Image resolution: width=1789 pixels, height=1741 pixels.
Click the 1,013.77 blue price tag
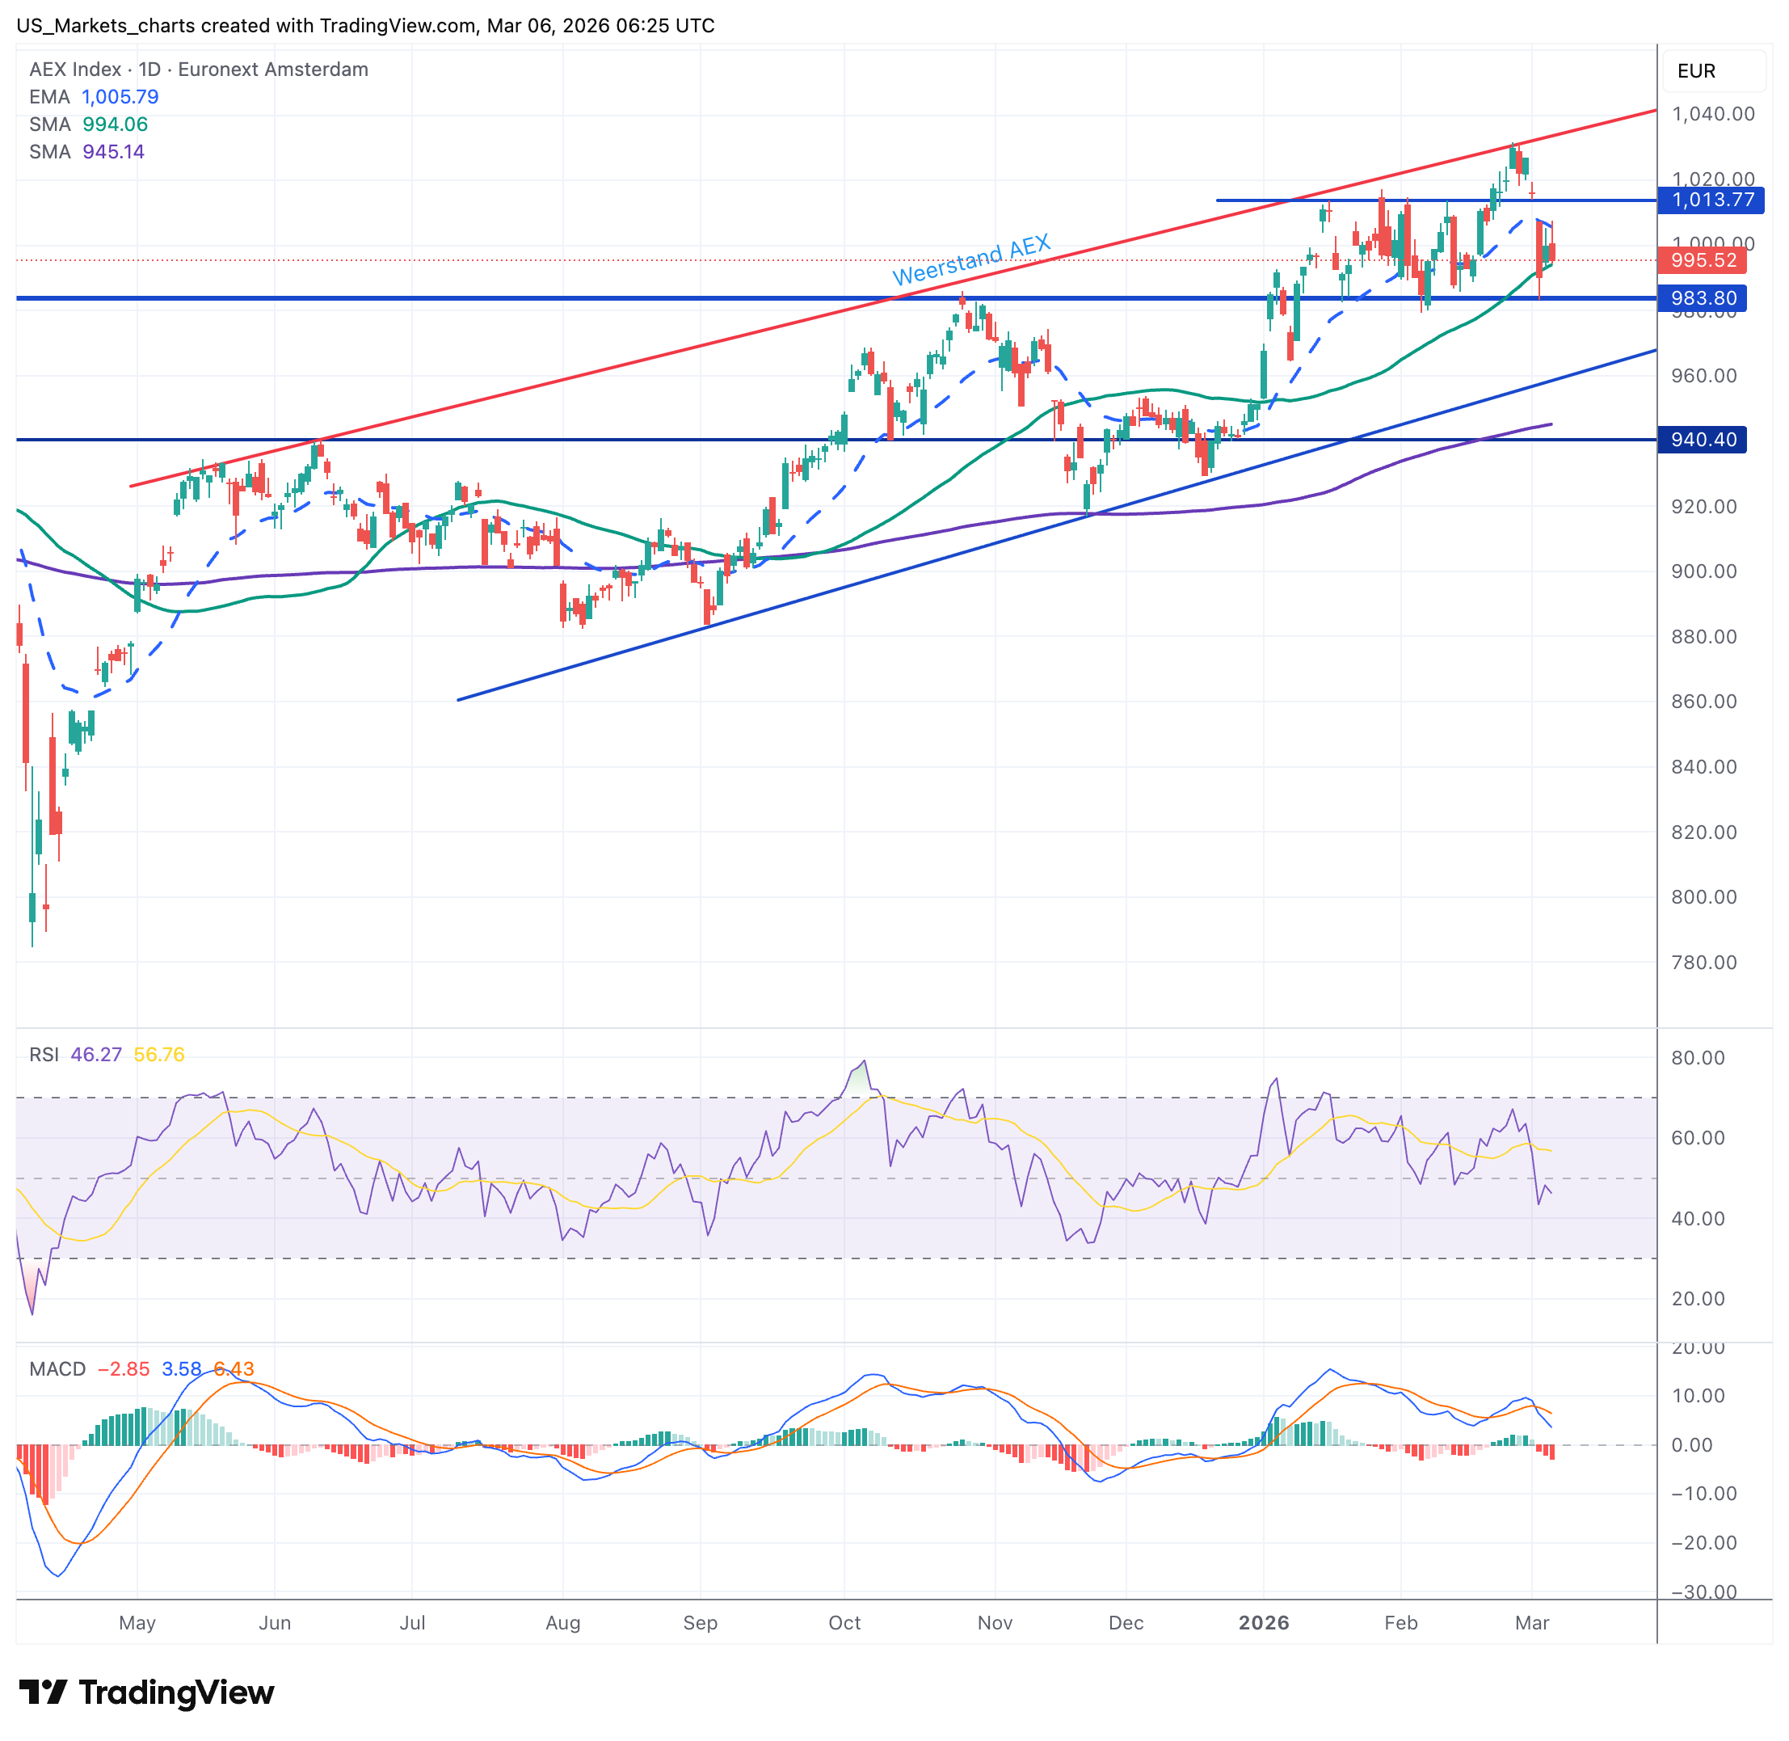(x=1711, y=200)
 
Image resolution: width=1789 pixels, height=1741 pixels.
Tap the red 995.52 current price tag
(x=1703, y=260)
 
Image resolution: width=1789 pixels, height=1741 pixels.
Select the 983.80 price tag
(x=1703, y=298)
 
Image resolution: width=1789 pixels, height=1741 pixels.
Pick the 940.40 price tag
(x=1703, y=440)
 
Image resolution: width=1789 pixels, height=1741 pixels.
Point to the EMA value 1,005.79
(x=120, y=97)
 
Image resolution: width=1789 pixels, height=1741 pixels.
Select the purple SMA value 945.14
(x=113, y=152)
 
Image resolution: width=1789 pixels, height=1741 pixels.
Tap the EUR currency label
(x=1696, y=71)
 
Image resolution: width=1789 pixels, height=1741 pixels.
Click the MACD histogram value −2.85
(x=124, y=1369)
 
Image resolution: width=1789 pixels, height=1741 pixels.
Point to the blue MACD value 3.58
(x=181, y=1369)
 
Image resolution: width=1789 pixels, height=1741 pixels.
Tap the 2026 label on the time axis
(x=1263, y=1623)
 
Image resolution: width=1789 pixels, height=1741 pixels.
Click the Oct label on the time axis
(x=844, y=1623)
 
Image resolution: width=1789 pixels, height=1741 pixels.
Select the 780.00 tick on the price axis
(x=1703, y=962)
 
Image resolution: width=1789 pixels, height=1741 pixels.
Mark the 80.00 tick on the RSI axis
(x=1698, y=1058)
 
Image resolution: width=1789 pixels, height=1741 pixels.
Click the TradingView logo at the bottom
(x=146, y=1693)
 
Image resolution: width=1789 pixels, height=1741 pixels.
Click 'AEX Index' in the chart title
(x=75, y=70)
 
